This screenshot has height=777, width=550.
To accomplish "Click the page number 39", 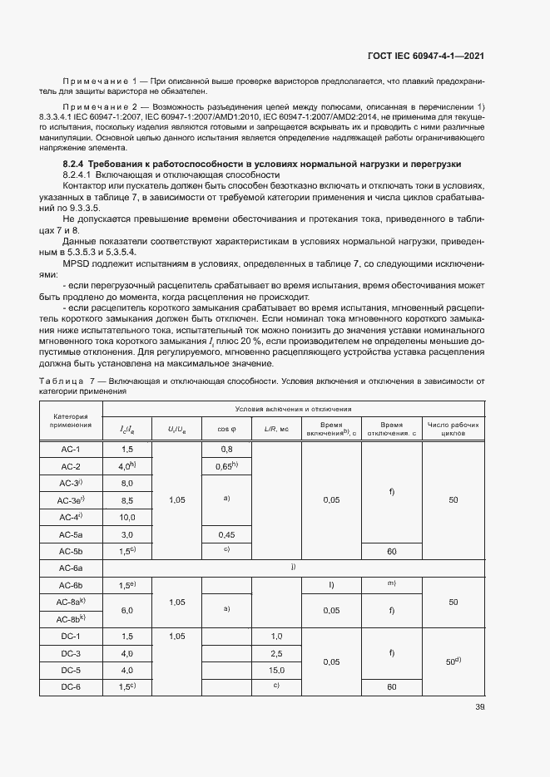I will [479, 707].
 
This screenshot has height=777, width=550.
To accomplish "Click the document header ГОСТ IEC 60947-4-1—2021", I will [425, 56].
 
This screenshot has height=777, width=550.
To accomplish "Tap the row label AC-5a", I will [69, 534].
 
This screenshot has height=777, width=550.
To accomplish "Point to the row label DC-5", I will [69, 670].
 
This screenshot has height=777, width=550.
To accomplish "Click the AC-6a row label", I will [69, 568].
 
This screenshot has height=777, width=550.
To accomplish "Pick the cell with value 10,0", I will [127, 517].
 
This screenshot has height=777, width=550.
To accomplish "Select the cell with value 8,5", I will [127, 500].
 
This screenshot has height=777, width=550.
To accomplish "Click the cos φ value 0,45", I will [226, 534].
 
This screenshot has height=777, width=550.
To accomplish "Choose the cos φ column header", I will [226, 429].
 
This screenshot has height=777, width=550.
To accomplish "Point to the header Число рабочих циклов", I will [453, 429].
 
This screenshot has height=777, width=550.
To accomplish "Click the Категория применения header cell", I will [69, 420].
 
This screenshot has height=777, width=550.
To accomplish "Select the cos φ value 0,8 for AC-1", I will [226, 449].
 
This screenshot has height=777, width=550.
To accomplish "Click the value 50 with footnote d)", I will [453, 661].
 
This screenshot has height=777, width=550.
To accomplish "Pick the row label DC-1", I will [69, 636].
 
